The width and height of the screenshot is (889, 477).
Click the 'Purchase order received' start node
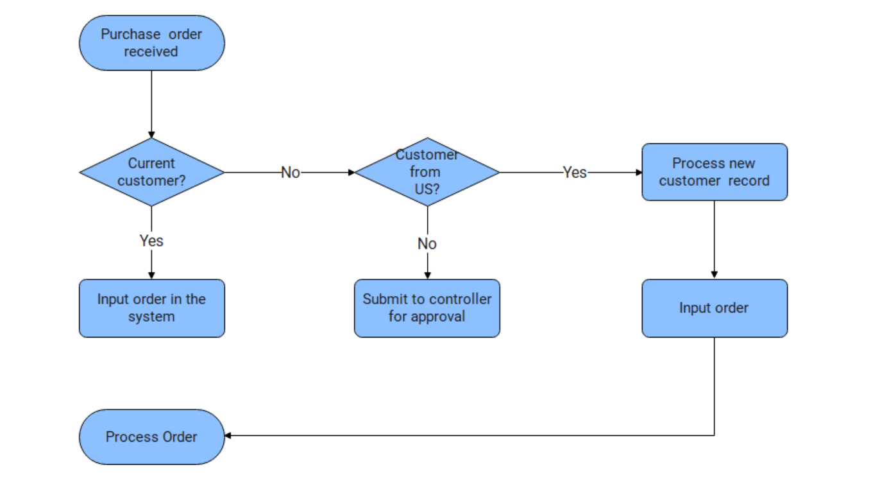coord(152,43)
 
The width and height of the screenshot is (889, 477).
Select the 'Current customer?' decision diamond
coord(152,172)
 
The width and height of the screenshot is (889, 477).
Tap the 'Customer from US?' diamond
coord(427,172)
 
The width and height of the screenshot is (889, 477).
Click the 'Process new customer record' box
coord(715,172)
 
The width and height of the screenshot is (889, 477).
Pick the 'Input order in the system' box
coord(152,308)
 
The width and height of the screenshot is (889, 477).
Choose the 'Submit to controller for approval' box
coord(427,308)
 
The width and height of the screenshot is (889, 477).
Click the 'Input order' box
coord(715,308)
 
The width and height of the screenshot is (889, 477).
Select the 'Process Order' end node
coord(152,437)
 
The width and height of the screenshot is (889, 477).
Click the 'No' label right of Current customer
coord(291,173)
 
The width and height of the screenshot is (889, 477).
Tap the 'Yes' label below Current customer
coord(151,241)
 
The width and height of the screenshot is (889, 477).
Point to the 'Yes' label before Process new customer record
coord(575,172)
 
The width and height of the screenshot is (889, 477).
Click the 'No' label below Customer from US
coord(427,244)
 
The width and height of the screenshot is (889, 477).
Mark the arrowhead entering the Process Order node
coord(228,436)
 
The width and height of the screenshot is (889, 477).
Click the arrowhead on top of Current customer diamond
coord(151,135)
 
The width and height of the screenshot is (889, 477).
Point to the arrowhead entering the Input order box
coord(715,274)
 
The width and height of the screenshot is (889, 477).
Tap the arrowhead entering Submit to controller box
coord(427,275)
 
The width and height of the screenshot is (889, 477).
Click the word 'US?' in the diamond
coord(427,189)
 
